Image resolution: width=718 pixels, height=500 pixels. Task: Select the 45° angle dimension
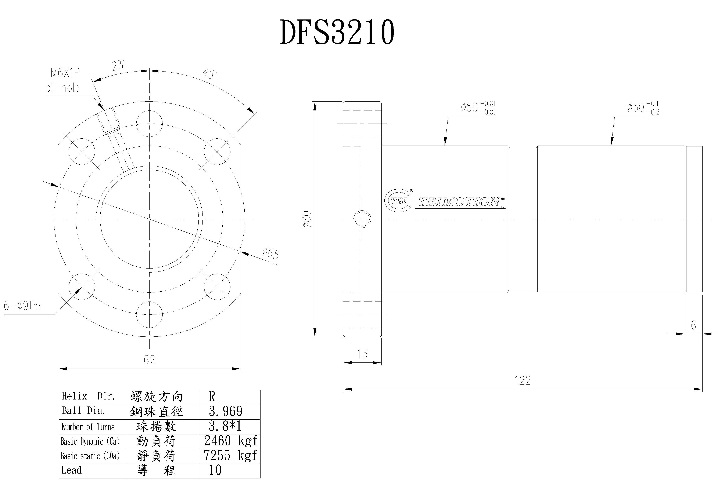[209, 74]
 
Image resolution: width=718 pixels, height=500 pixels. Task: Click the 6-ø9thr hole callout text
[23, 306]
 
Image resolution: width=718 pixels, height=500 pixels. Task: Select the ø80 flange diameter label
[307, 219]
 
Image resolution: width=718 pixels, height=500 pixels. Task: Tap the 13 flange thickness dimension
[362, 354]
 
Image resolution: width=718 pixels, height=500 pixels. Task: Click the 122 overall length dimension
[523, 380]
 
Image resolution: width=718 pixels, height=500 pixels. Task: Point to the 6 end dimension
[693, 325]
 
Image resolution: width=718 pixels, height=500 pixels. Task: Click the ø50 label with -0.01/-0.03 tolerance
[478, 107]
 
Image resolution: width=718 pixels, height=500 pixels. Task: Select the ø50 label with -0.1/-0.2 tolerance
[643, 107]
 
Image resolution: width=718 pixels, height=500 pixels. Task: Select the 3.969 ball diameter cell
[226, 411]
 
